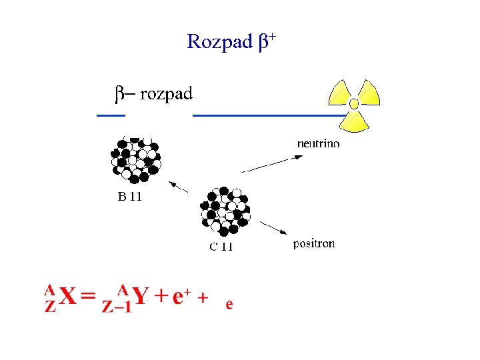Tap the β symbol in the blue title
coord(263,43)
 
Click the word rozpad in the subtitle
coord(166,94)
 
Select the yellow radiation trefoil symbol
coord(354,104)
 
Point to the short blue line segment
coord(111,116)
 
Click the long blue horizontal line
coord(267,116)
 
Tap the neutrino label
coord(318,143)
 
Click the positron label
coord(314,244)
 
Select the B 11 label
coord(130,197)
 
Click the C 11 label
coord(221,247)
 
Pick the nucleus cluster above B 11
coord(136,159)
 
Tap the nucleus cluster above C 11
coord(225,211)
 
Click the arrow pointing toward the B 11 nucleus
coord(177,186)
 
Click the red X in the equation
coord(69,297)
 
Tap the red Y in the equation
coord(140,297)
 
